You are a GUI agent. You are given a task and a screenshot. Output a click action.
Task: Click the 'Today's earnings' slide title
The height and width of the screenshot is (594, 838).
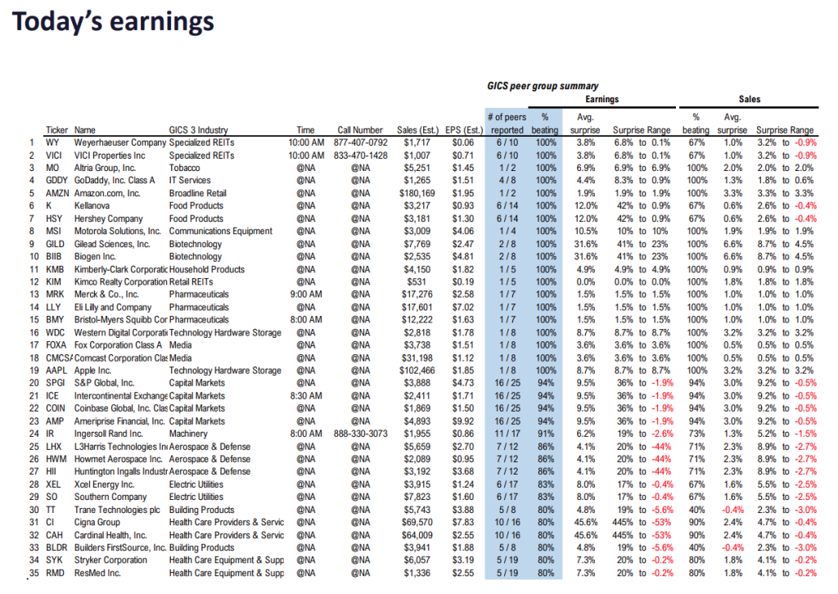(113, 22)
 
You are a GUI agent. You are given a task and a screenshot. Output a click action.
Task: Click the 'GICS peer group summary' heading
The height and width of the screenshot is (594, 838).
(542, 86)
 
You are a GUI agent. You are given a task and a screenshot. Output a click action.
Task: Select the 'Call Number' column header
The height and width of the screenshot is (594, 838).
(360, 129)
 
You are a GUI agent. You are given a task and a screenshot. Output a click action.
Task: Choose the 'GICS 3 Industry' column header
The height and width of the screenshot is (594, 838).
(199, 129)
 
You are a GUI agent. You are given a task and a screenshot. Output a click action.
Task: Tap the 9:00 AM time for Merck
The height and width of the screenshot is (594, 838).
(305, 294)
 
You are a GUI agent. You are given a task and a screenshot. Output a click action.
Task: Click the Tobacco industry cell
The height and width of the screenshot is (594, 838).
(187, 168)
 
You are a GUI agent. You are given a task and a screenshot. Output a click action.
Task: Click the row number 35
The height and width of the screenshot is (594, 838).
(34, 573)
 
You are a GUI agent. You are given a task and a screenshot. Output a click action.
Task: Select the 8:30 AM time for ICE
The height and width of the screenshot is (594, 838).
(305, 395)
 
